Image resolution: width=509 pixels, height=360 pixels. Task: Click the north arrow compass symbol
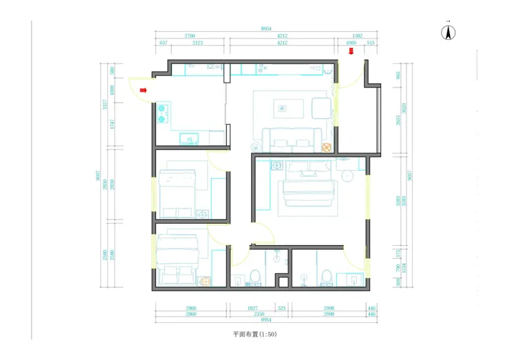click(448, 32)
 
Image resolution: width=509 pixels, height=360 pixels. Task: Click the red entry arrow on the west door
click(144, 89)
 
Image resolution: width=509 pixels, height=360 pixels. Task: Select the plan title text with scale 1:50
click(254, 335)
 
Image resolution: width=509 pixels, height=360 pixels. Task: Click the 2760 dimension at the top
click(191, 36)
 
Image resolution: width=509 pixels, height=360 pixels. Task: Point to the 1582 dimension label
click(357, 36)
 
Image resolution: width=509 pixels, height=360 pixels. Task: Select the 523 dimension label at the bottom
click(281, 309)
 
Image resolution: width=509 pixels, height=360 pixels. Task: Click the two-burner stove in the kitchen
click(164, 113)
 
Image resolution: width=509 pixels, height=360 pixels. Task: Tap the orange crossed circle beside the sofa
click(327, 147)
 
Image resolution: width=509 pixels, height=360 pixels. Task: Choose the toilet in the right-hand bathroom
click(326, 277)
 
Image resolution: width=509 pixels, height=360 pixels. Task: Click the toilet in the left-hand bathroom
click(254, 277)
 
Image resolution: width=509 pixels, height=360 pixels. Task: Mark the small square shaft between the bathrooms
click(281, 281)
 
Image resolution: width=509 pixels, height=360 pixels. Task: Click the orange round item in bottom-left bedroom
click(204, 281)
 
